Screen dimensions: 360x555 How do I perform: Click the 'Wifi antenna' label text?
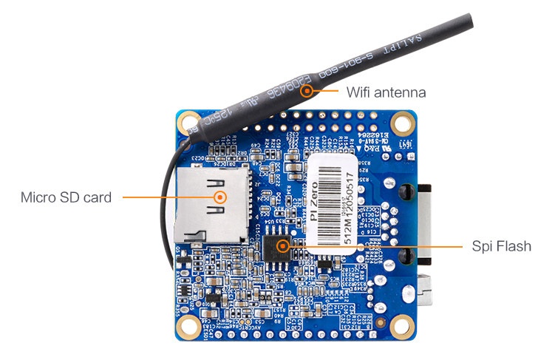(x=386, y=92)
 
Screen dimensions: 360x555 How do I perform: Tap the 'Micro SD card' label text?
(x=66, y=197)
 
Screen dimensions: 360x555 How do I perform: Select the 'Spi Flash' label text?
(x=501, y=246)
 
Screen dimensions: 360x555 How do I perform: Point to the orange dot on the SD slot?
(x=219, y=197)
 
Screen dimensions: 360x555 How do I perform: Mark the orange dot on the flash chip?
(x=281, y=245)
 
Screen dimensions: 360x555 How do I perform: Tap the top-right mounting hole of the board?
(x=402, y=120)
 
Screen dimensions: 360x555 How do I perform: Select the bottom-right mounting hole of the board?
(x=402, y=324)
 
